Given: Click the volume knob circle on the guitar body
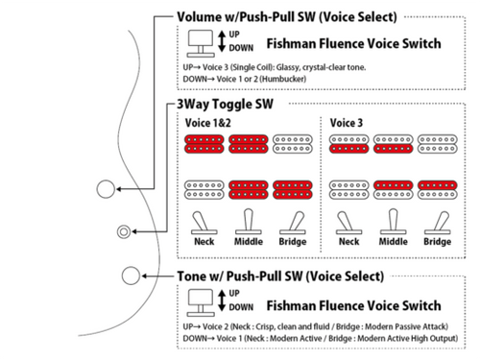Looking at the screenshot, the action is pyautogui.click(x=106, y=189).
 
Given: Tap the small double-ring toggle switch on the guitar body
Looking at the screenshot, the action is pyautogui.click(x=124, y=231).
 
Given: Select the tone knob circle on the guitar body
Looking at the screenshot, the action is pyautogui.click(x=131, y=276).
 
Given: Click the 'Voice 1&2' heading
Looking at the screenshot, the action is pyautogui.click(x=207, y=123).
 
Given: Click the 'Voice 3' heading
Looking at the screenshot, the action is pyautogui.click(x=347, y=123).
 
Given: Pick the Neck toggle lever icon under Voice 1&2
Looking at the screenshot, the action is pyautogui.click(x=203, y=223).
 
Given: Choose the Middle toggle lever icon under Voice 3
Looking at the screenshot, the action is pyautogui.click(x=394, y=222).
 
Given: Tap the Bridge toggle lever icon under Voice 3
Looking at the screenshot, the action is pyautogui.click(x=439, y=223).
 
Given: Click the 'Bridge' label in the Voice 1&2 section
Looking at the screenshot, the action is pyautogui.click(x=293, y=241).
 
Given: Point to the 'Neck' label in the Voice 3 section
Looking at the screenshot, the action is pyautogui.click(x=348, y=241).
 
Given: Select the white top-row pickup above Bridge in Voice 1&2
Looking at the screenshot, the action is pyautogui.click(x=293, y=144).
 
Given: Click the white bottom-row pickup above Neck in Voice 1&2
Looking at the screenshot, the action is pyautogui.click(x=204, y=190).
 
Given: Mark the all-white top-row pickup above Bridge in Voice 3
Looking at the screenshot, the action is pyautogui.click(x=438, y=144).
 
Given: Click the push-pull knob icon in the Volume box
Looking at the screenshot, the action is pyautogui.click(x=201, y=43).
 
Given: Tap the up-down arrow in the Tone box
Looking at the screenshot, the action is pyautogui.click(x=222, y=300).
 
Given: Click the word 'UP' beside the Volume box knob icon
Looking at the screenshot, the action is pyautogui.click(x=234, y=35).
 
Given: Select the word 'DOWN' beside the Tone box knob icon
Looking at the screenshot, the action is pyautogui.click(x=241, y=307).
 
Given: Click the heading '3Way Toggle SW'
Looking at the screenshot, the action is pyautogui.click(x=225, y=104).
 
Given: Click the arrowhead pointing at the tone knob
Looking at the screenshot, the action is pyautogui.click(x=144, y=276).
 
